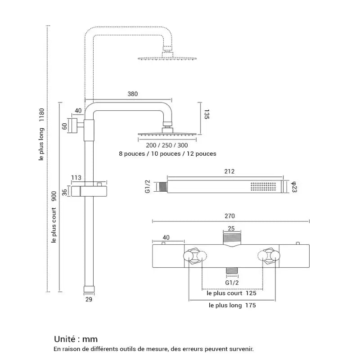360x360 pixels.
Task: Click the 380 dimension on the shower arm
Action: (x=132, y=94)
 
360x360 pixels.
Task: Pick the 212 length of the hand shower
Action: (x=229, y=171)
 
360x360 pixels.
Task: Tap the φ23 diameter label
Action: (x=293, y=186)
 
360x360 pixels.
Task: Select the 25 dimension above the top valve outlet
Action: (x=231, y=229)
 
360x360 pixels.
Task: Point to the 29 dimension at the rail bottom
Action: (x=88, y=298)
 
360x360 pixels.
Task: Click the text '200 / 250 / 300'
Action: (x=167, y=145)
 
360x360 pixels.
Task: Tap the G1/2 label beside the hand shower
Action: (x=147, y=186)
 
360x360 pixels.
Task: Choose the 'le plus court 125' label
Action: (x=231, y=293)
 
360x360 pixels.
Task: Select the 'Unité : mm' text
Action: (x=76, y=339)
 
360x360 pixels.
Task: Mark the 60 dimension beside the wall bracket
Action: (x=64, y=126)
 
